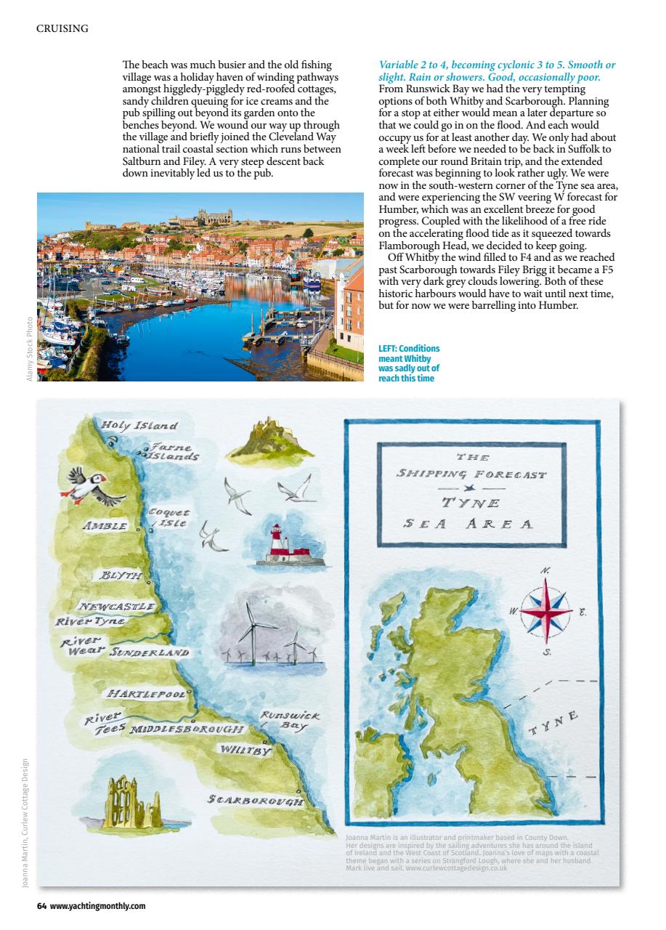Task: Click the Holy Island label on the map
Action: click(139, 425)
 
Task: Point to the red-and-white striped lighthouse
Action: click(277, 544)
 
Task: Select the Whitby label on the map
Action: click(245, 749)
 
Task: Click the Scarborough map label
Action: click(254, 800)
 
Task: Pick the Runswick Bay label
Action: click(289, 721)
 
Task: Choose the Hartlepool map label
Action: click(147, 694)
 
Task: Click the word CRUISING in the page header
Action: click(62, 28)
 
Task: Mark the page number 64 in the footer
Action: click(41, 906)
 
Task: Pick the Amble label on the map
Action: click(105, 525)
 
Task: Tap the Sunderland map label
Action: click(148, 652)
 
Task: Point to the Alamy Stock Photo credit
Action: click(29, 349)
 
